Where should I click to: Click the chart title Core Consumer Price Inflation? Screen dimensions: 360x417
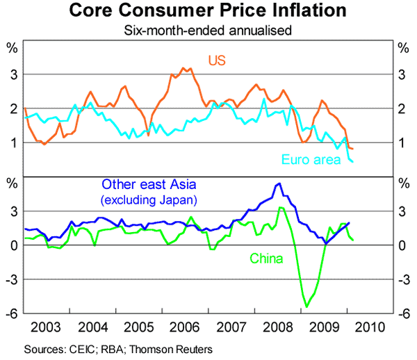pyautogui.click(x=208, y=11)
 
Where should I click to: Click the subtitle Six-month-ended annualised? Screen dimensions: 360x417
pyautogui.click(x=208, y=30)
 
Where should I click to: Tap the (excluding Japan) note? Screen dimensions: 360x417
pyautogui.click(x=149, y=200)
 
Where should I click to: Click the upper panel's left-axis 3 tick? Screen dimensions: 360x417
pyautogui.click(x=13, y=74)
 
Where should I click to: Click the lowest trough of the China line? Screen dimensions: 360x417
pyautogui.click(x=306, y=306)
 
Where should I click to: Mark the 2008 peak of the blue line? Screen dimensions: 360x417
pyautogui.click(x=279, y=183)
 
